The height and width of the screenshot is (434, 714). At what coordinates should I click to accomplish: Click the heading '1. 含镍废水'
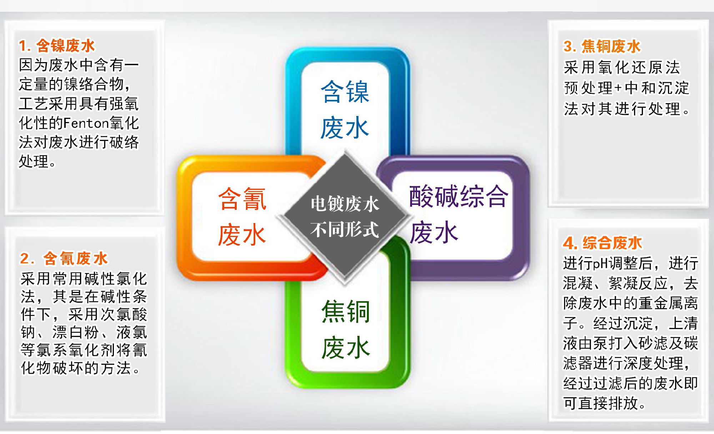57,46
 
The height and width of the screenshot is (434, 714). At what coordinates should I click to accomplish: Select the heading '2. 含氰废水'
64,258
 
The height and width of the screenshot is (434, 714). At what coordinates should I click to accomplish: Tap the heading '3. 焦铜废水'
602,46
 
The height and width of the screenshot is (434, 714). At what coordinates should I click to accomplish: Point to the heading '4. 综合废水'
602,243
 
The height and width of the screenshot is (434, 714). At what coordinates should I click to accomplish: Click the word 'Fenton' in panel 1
86,123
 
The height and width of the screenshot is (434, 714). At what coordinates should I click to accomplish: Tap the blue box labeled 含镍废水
347,102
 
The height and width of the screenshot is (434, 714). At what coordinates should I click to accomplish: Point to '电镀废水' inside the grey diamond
345,204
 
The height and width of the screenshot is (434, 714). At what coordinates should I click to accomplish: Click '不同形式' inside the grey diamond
345,229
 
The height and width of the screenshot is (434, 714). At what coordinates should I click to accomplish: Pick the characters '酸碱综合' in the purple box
458,196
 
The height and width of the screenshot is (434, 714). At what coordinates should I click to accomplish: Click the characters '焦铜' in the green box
346,312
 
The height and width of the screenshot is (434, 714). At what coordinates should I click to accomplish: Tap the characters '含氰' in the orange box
242,199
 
